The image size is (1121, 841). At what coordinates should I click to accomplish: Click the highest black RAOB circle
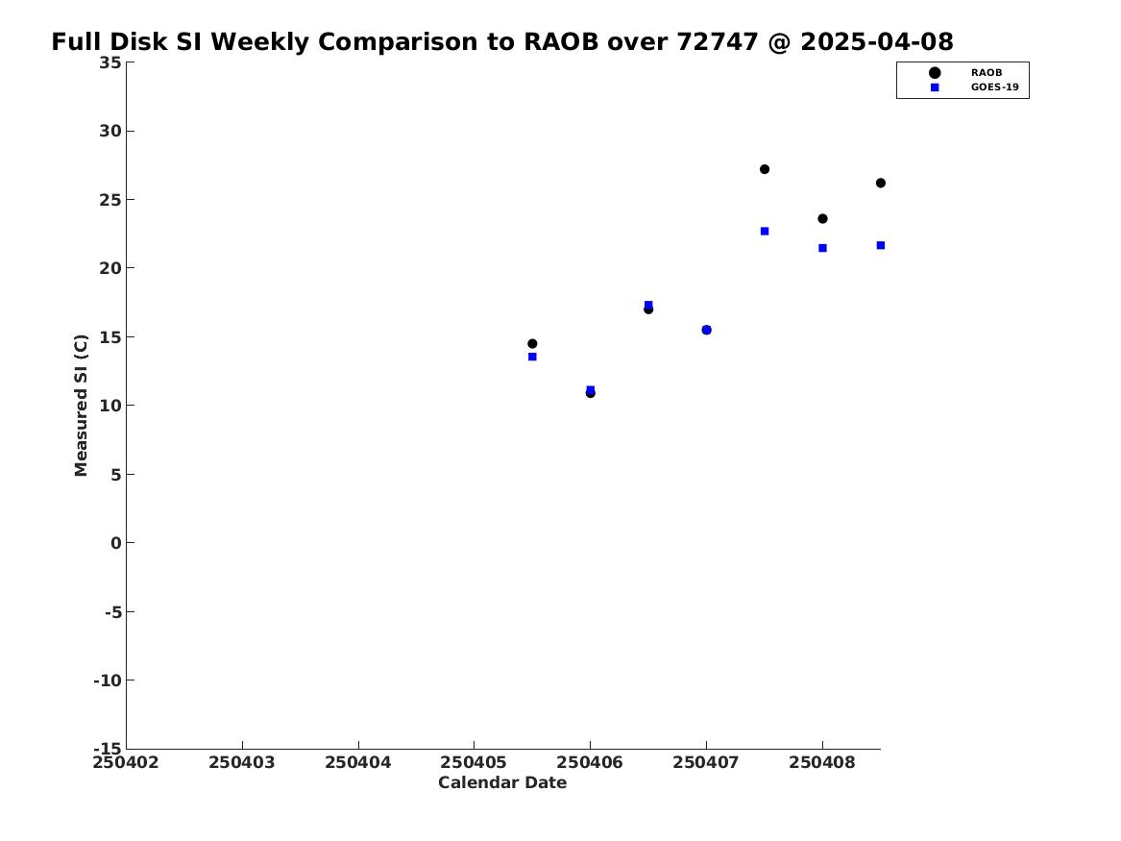pyautogui.click(x=765, y=169)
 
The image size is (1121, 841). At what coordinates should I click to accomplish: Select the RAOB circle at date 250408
pyautogui.click(x=822, y=219)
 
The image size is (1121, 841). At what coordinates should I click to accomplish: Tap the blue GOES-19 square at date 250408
pyautogui.click(x=822, y=248)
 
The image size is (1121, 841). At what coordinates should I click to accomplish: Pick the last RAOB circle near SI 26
pyautogui.click(x=881, y=183)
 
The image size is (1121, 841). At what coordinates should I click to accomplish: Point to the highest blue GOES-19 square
pyautogui.click(x=765, y=232)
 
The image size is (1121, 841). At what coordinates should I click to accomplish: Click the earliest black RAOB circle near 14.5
pyautogui.click(x=532, y=344)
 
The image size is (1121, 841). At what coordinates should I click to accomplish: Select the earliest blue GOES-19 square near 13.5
pyautogui.click(x=532, y=357)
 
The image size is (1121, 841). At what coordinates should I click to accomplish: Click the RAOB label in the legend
pyautogui.click(x=986, y=73)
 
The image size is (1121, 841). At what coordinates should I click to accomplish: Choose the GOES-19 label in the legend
pyautogui.click(x=994, y=87)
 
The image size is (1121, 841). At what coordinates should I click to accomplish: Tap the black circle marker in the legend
pyautogui.click(x=935, y=73)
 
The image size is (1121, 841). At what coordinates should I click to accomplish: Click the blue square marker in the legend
pyautogui.click(x=935, y=87)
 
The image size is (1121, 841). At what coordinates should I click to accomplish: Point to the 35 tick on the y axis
pyautogui.click(x=110, y=62)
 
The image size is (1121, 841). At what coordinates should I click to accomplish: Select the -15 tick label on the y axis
pyautogui.click(x=108, y=749)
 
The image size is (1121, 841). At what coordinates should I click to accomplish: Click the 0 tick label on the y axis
pyautogui.click(x=115, y=543)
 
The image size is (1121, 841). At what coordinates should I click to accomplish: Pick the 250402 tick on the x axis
pyautogui.click(x=126, y=762)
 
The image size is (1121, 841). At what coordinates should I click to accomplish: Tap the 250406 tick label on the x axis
pyautogui.click(x=590, y=762)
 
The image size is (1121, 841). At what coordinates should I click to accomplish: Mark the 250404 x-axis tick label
pyautogui.click(x=358, y=762)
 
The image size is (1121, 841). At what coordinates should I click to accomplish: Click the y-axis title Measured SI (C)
pyautogui.click(x=82, y=406)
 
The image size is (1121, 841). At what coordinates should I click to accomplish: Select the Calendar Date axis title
pyautogui.click(x=502, y=783)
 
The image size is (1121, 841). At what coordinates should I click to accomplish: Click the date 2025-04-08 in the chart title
pyautogui.click(x=876, y=42)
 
